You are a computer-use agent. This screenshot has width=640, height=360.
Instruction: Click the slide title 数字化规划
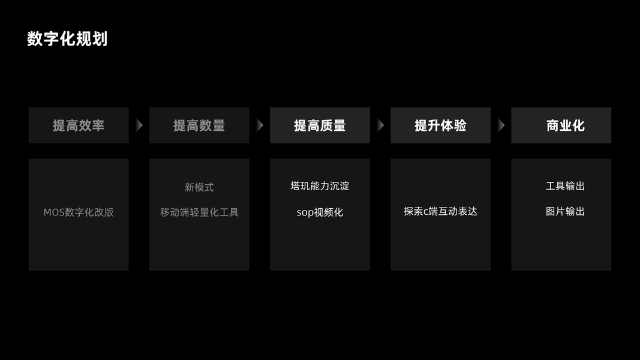[x=67, y=39]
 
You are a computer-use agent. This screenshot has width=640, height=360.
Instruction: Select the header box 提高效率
[x=79, y=125]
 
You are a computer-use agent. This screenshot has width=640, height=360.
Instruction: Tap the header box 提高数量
[x=199, y=125]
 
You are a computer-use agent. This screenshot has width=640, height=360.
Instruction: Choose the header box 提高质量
[x=320, y=125]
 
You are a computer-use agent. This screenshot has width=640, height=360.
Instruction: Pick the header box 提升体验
[x=440, y=125]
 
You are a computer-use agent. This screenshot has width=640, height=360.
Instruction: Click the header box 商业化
[x=561, y=125]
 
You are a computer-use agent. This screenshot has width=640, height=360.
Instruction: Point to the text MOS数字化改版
[x=79, y=212]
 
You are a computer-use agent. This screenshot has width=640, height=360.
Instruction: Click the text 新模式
[x=199, y=187]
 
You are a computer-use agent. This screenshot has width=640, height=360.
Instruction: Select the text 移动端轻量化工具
[x=199, y=212]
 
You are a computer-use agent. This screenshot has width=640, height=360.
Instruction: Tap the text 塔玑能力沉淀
[x=320, y=186]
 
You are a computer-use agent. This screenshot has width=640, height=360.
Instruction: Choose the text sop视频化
[x=320, y=212]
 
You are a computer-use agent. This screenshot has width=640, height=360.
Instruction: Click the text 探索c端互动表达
[x=440, y=211]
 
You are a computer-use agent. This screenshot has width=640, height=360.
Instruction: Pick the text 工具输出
[x=565, y=186]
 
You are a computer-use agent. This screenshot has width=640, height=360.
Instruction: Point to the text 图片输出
[x=565, y=211]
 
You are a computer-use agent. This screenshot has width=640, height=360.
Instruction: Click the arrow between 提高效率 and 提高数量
[x=139, y=125]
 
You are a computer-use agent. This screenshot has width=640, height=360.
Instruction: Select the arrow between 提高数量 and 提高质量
[x=260, y=125]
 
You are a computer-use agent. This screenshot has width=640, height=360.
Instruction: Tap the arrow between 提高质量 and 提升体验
[x=380, y=125]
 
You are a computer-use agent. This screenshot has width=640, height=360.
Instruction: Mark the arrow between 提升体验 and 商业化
[x=501, y=125]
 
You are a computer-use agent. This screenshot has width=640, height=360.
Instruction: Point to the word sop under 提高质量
[x=305, y=213]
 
